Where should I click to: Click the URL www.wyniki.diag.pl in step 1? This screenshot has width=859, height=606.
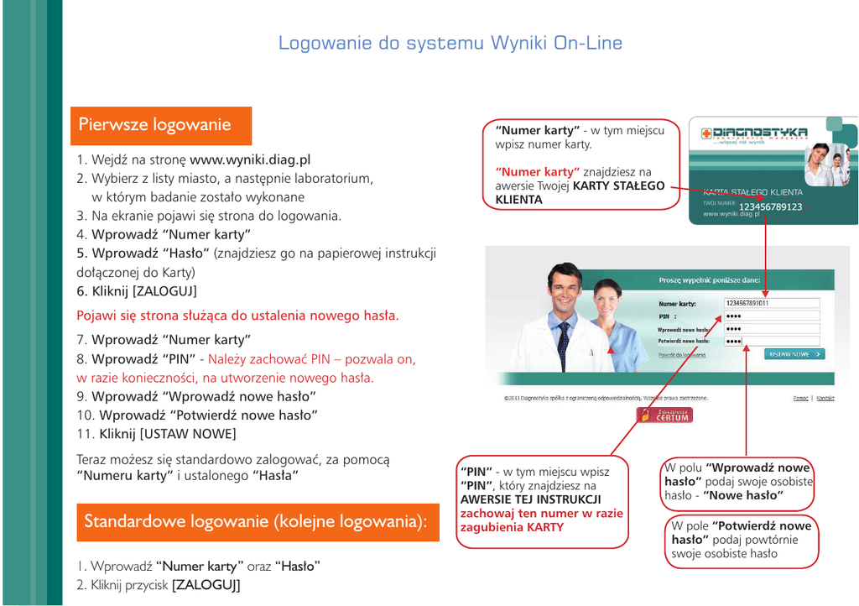(x=250, y=159)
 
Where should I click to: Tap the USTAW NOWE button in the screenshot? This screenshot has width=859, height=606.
(x=794, y=354)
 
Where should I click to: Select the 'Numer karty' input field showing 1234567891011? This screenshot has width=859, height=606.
(x=770, y=304)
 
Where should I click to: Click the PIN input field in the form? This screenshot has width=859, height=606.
(x=770, y=316)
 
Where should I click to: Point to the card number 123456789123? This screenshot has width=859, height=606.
(x=770, y=207)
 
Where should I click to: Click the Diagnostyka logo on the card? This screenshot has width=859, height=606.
(x=754, y=133)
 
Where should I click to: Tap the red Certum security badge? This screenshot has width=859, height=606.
(x=665, y=415)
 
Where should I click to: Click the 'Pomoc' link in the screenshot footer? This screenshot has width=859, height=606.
(x=800, y=398)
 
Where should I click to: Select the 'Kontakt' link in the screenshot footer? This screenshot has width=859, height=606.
(x=825, y=398)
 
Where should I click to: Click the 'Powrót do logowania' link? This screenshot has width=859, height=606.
(x=681, y=355)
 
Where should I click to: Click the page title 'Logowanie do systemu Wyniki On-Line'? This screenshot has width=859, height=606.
(x=450, y=44)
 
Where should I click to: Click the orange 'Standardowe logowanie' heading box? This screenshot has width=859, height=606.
(x=257, y=522)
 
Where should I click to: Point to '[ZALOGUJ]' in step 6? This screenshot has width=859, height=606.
(x=164, y=291)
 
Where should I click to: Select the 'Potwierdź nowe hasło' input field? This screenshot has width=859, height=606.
(x=770, y=341)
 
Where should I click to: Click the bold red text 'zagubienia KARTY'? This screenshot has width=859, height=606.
(x=512, y=527)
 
